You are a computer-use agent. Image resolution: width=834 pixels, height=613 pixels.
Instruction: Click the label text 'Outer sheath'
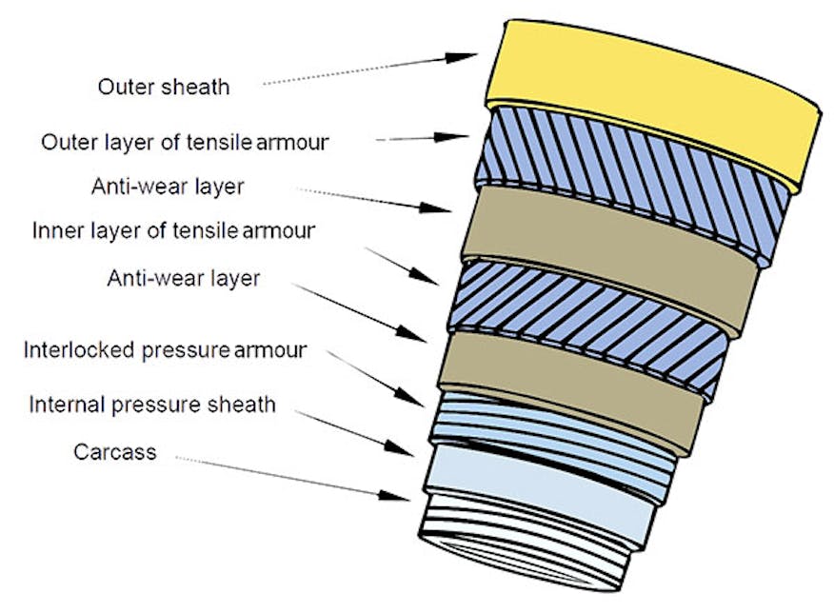[163, 88]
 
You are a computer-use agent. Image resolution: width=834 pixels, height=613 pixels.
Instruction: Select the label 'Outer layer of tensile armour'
[185, 143]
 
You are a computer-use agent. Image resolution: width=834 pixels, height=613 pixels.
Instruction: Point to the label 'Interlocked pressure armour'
[164, 350]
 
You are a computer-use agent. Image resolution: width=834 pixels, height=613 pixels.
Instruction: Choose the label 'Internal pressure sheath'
[152, 405]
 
